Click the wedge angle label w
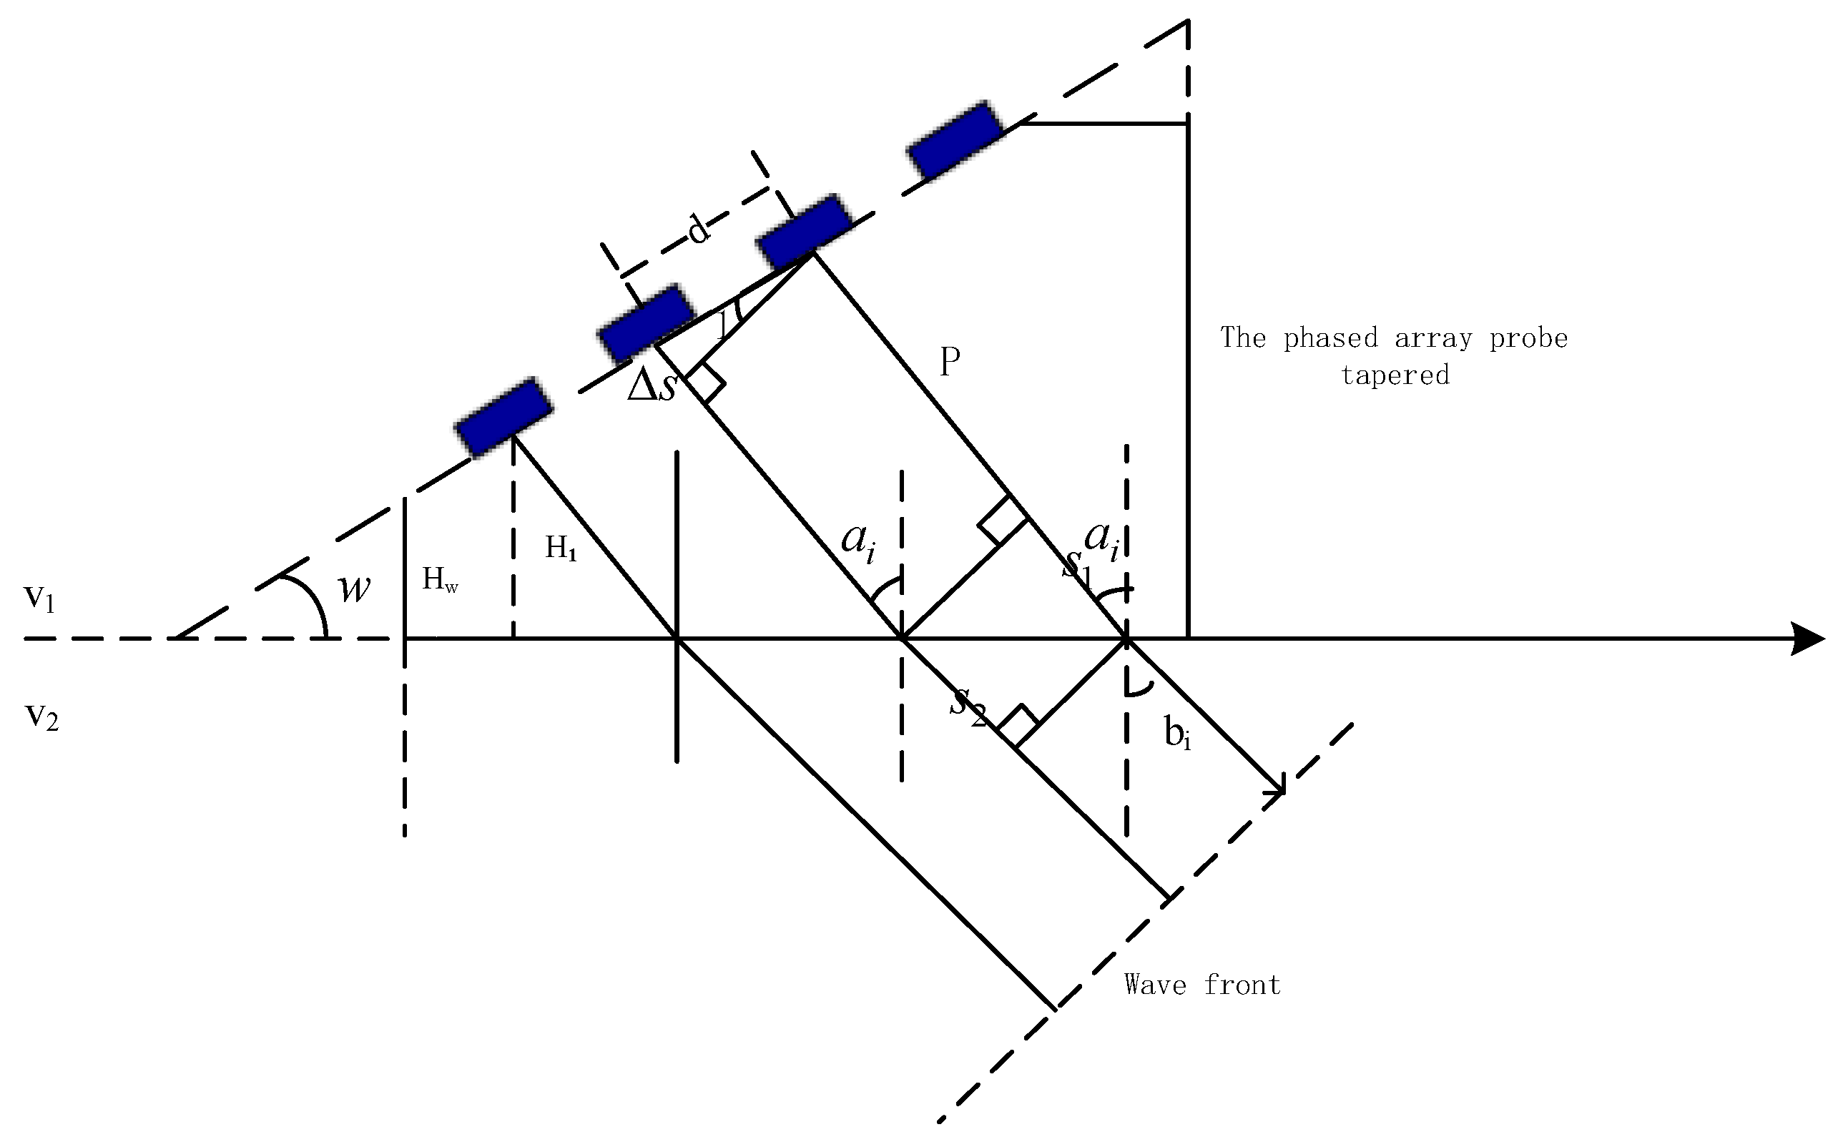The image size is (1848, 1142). (354, 589)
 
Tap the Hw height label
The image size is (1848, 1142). (440, 579)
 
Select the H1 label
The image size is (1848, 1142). (561, 548)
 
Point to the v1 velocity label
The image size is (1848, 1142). (39, 599)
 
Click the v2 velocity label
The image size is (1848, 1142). (41, 716)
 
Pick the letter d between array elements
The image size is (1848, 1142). (699, 229)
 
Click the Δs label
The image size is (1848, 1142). (651, 386)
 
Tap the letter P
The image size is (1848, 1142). (949, 362)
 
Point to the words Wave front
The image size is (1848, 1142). (1201, 985)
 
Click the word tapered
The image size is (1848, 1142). (1394, 375)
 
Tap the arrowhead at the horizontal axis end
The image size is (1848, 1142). (1809, 639)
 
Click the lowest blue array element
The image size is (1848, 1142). (503, 418)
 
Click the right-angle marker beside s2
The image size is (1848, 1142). (1016, 726)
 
